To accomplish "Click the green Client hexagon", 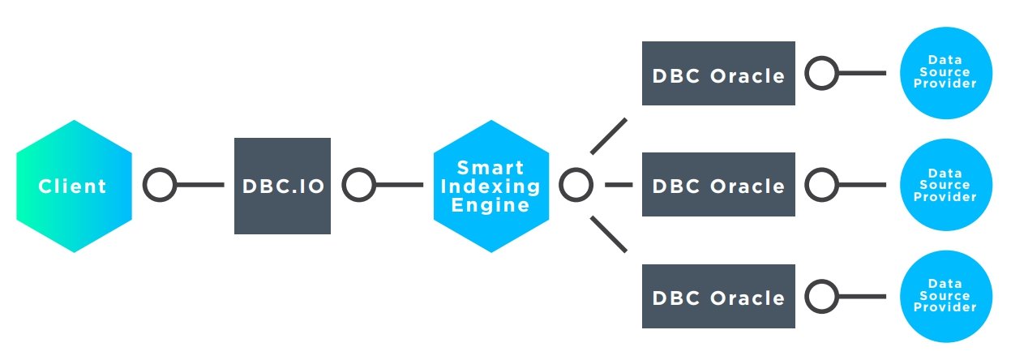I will tap(74, 186).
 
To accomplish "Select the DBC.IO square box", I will tap(282, 186).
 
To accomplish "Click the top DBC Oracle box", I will tap(718, 75).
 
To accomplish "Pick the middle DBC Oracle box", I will tap(718, 185).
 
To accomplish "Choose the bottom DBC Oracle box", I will tap(718, 296).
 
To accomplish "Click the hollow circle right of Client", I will tap(160, 186).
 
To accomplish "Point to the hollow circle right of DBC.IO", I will tap(358, 186).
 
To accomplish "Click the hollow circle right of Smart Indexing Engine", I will tap(576, 185).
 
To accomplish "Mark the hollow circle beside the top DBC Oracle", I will tap(821, 75).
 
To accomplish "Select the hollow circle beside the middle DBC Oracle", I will tap(821, 185).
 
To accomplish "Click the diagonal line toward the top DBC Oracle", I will tap(609, 136).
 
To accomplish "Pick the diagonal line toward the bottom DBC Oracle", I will tap(609, 234).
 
